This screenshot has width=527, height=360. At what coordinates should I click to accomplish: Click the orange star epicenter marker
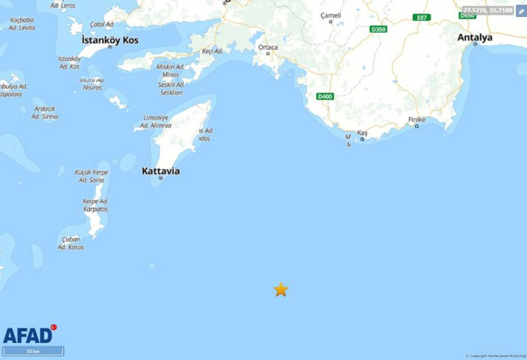281,290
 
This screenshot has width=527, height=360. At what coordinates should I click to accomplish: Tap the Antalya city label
475,38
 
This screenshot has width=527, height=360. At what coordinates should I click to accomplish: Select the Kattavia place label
161,170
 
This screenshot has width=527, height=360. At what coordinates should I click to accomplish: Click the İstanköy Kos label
110,40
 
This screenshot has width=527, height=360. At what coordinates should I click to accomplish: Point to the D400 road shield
325,97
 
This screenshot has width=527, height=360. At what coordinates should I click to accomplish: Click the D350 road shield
378,29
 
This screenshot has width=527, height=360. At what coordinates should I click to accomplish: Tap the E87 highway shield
422,17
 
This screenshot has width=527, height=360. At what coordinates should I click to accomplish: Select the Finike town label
417,120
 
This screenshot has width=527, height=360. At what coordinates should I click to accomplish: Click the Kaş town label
363,132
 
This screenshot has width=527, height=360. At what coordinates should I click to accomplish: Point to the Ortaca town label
268,47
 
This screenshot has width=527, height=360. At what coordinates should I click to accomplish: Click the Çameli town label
331,15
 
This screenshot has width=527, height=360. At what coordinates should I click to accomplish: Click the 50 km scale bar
33,351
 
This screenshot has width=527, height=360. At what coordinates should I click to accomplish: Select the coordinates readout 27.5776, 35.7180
487,10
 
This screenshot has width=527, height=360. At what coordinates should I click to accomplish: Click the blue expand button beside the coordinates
521,11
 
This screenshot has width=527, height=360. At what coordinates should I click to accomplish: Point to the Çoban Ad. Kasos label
71,243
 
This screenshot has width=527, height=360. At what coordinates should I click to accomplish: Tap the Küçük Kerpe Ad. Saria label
92,176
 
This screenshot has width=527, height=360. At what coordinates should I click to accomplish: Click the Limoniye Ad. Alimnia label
156,121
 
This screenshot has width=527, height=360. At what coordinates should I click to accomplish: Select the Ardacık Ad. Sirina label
44,112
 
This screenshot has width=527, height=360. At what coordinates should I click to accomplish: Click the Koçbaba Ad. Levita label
23,24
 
